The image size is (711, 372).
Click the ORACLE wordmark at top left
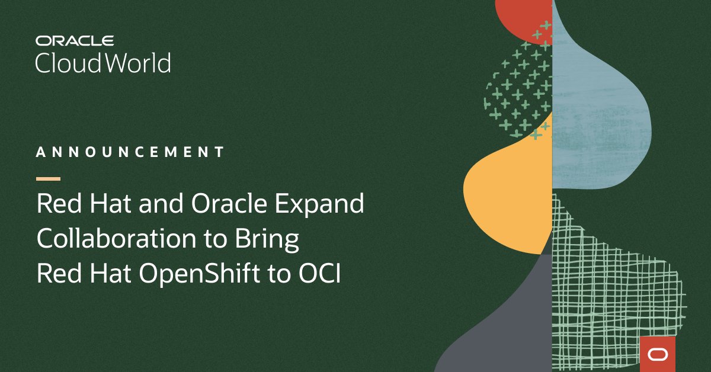[x=74, y=41]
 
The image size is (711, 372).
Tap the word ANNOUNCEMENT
[x=130, y=152]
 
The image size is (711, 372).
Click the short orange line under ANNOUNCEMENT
[x=48, y=178]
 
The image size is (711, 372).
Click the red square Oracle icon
[x=657, y=354]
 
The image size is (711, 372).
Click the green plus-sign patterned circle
[x=518, y=89]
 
